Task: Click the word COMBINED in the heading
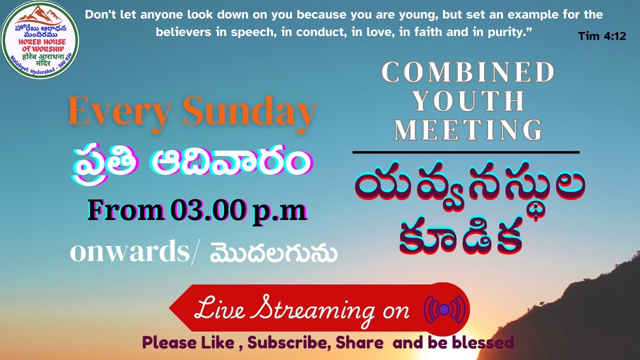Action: point(468,73)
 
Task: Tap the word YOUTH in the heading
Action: point(468,101)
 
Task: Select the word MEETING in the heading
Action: point(468,129)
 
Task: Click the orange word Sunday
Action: point(249,111)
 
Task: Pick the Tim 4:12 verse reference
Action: point(601,36)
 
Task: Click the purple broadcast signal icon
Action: point(444,309)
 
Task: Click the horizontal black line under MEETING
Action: point(465,151)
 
